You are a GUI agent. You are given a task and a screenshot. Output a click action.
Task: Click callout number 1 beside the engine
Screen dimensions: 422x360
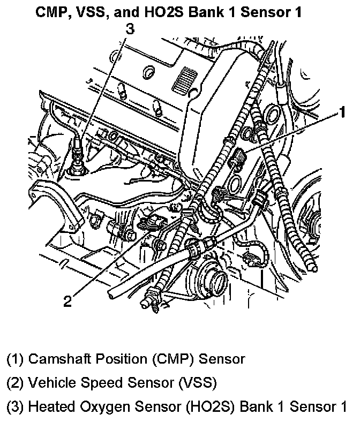pyautogui.click(x=340, y=114)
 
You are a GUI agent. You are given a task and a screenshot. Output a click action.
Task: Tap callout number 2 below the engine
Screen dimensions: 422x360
pyautogui.click(x=67, y=302)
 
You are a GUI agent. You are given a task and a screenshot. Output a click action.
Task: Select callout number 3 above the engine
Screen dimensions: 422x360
pyautogui.click(x=129, y=30)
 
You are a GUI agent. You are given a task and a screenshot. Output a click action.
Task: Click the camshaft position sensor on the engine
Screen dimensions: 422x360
pyautogui.click(x=238, y=158)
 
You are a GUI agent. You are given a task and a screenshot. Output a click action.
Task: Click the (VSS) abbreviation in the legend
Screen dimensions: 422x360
pyautogui.click(x=200, y=383)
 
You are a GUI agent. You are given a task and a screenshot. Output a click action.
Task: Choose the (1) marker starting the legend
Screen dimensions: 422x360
pyautogui.click(x=14, y=359)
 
